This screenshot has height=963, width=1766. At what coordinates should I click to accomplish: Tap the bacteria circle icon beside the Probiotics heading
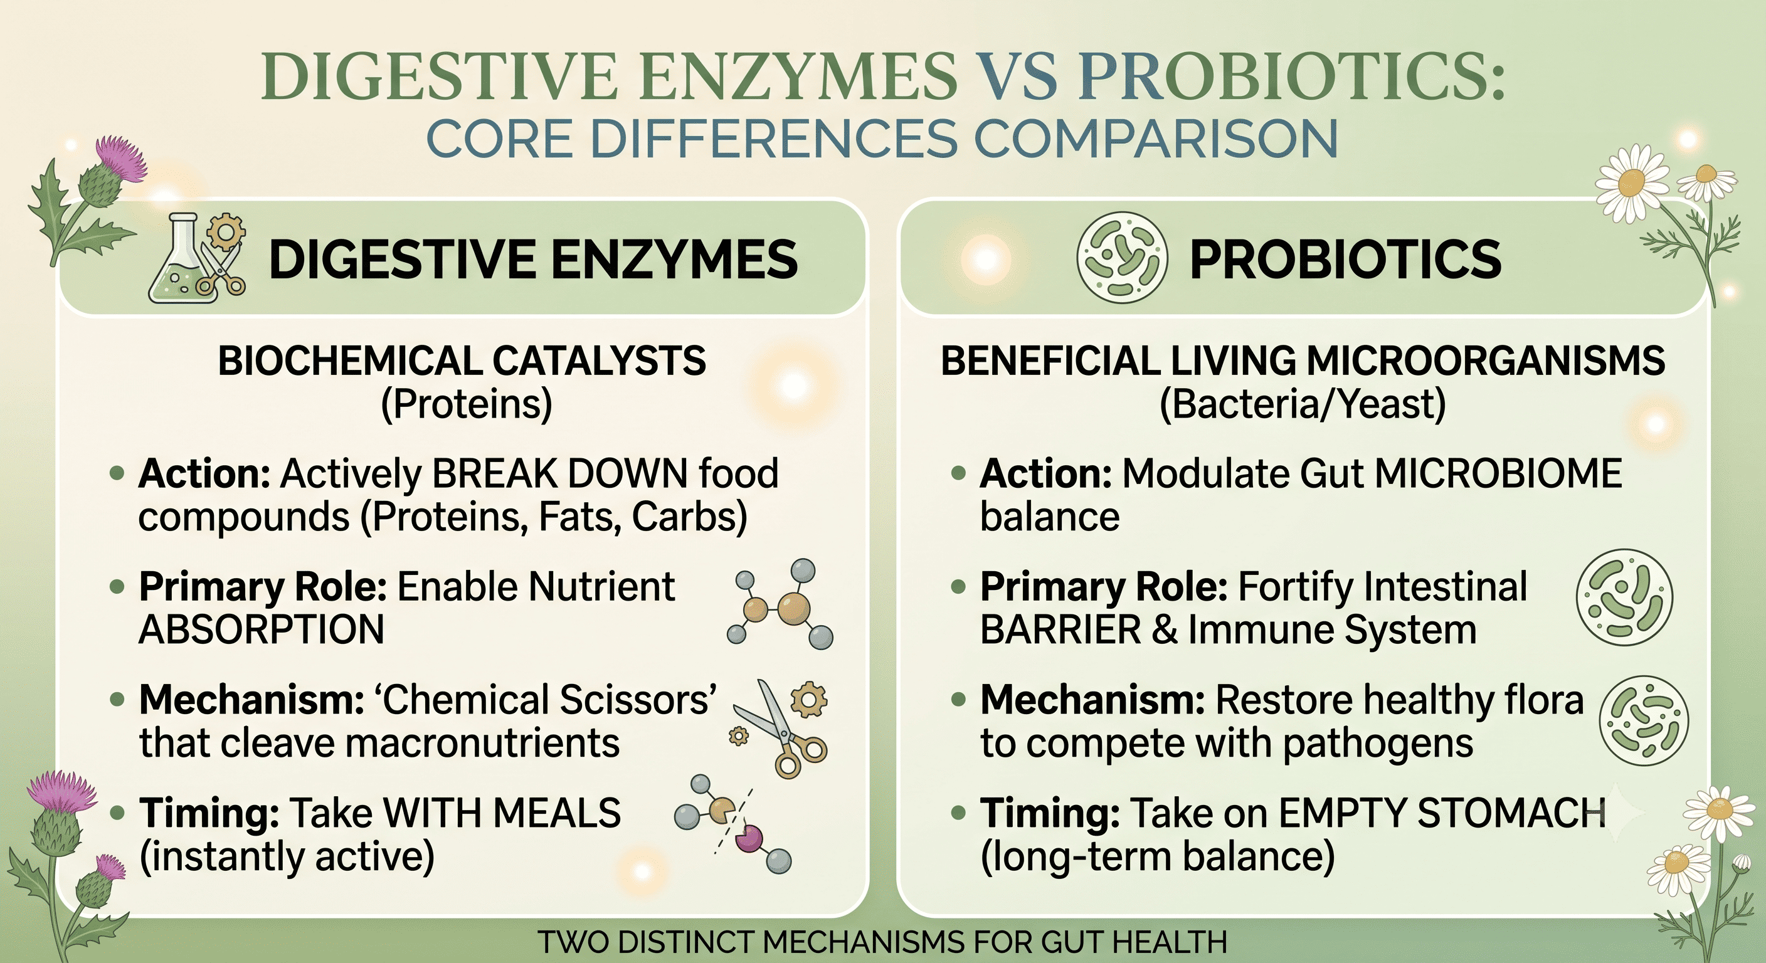1121,258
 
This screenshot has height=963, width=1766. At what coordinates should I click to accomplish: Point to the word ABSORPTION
261,629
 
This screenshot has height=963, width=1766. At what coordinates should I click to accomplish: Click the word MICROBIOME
1499,473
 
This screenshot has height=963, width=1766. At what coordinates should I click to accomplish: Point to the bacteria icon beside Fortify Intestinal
1624,597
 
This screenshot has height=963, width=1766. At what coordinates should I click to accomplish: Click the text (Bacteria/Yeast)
1303,404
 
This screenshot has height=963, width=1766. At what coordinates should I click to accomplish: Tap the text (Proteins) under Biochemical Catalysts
466,404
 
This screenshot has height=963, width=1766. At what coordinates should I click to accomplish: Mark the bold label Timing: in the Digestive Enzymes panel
209,814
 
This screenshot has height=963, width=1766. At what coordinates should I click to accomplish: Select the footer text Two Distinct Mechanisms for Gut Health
882,942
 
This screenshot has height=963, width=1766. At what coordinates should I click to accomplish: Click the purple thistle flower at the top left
120,159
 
